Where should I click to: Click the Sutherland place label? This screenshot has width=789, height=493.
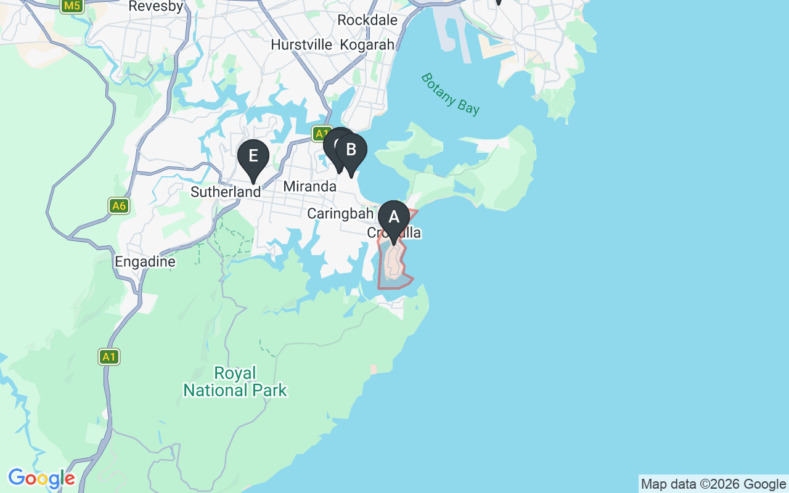[226, 192]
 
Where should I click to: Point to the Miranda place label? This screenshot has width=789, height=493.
[310, 186]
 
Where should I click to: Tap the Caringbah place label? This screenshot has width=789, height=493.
[340, 214]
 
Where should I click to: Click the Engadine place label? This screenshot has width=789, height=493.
[145, 262]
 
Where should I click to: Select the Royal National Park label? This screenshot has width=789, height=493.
[235, 381]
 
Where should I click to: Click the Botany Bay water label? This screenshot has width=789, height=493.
[450, 94]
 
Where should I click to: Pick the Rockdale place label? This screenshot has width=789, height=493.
[367, 20]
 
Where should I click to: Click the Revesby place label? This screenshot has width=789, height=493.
[156, 7]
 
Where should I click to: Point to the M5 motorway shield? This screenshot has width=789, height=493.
[72, 6]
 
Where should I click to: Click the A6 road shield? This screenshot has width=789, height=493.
[119, 205]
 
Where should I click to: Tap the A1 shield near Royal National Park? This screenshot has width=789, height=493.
[109, 356]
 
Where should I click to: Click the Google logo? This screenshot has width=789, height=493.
[41, 478]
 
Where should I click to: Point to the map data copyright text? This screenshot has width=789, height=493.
[713, 484]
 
